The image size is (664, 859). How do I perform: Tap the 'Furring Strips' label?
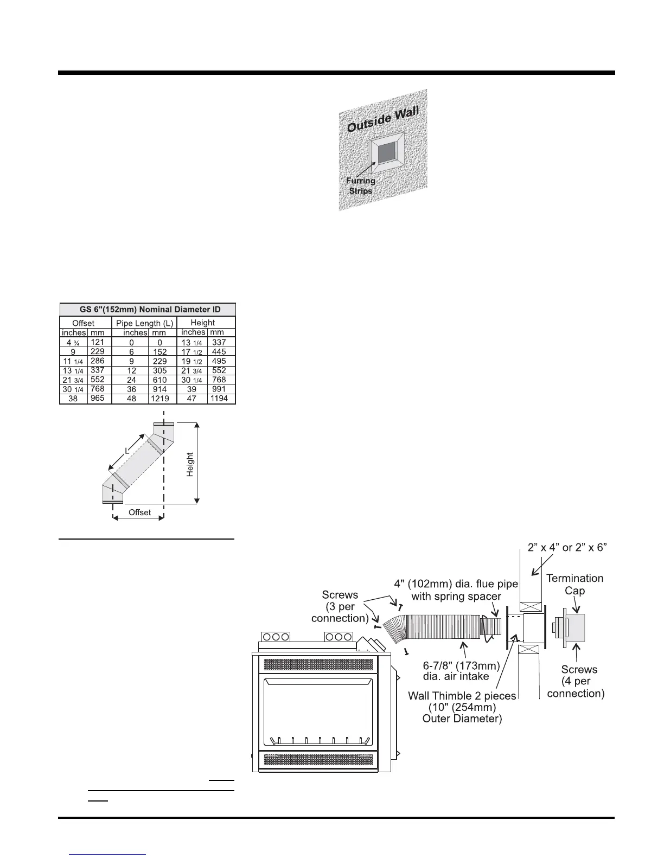coord(361,186)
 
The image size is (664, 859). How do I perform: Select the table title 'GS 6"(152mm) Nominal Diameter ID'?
coord(148,309)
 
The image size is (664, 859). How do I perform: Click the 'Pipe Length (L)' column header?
coord(145,323)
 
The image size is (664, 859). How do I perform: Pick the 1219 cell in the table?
coord(160,399)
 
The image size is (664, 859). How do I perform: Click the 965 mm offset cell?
coord(98,398)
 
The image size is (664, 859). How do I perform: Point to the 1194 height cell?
coord(219,399)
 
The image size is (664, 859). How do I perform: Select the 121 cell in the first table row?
coord(98,342)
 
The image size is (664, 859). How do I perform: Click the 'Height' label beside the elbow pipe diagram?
coord(190,465)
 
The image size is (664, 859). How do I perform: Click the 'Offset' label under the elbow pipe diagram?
coord(139,512)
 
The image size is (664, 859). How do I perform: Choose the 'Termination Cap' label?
coord(574,584)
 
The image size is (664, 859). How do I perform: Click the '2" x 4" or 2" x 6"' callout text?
coord(567,548)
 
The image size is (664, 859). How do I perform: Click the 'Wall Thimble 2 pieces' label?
coord(462,695)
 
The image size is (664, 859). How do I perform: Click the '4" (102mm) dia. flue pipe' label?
coord(456,585)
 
